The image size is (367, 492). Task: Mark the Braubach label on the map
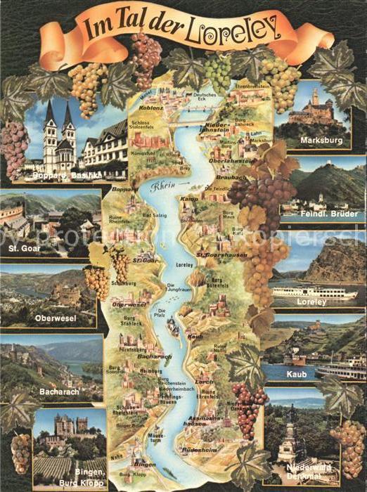coord(225,179)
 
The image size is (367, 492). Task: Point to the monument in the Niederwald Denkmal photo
coord(290,436)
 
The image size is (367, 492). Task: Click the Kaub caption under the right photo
coord(295,375)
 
